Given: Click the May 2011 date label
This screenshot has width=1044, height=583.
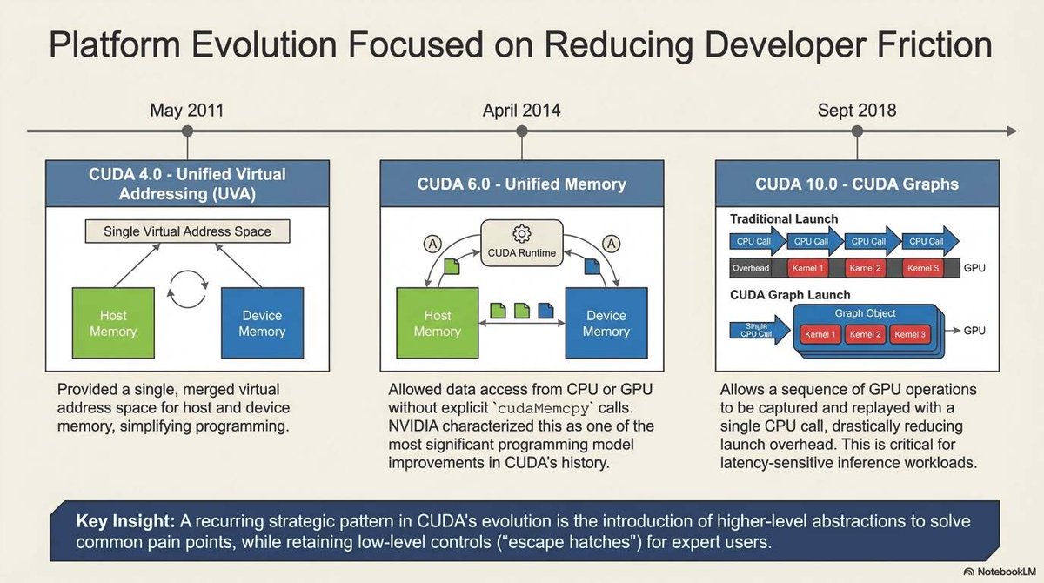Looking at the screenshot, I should [186, 111].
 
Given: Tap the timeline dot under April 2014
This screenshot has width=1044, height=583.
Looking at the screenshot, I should [522, 131].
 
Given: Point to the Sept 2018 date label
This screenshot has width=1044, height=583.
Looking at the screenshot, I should [857, 111].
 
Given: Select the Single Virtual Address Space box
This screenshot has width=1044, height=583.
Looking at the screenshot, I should [187, 231].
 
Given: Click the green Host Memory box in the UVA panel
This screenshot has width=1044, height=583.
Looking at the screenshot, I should [113, 324].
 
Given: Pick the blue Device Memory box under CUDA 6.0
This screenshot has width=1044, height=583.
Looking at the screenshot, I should [606, 324].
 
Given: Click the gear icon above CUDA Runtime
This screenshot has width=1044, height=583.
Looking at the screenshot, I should [521, 233].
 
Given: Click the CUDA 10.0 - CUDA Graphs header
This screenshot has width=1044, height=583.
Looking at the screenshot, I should [857, 184].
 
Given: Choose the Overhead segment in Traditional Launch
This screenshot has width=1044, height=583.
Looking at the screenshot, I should [750, 268].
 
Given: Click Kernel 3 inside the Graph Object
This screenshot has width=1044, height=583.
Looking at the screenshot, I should [910, 334].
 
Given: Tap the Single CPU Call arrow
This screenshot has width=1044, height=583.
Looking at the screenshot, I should [755, 329].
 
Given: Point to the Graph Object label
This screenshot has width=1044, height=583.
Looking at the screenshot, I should [865, 313].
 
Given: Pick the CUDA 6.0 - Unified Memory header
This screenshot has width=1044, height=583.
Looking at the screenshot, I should [521, 184].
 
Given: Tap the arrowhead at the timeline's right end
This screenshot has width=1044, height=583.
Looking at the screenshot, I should [1010, 131].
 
